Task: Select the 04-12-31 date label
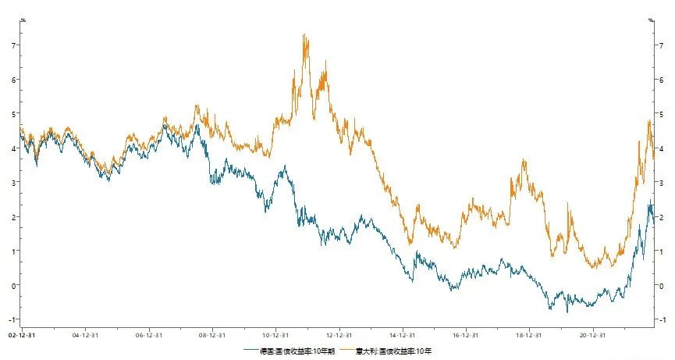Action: point(85,334)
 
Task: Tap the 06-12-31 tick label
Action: point(148,334)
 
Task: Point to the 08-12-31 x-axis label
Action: point(212,334)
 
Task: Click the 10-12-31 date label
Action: point(276,334)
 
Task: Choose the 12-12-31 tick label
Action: point(339,334)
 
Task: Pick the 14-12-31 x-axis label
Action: point(403,334)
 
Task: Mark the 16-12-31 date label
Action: point(466,334)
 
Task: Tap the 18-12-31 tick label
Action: point(530,334)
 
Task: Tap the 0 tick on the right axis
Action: point(663,285)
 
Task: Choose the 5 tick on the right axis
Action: point(663,114)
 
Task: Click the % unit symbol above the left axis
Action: point(23,19)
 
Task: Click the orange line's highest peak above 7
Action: point(304,34)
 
